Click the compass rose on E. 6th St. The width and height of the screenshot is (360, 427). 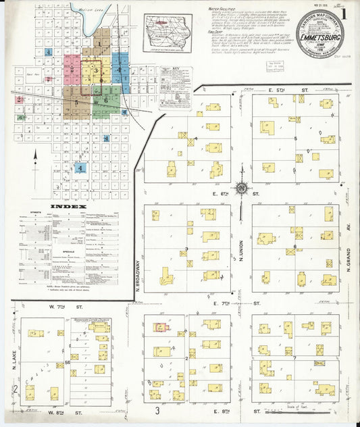pos(241,189)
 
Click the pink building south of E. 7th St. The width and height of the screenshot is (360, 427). pos(161,328)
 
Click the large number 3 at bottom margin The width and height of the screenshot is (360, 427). pos(157,410)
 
